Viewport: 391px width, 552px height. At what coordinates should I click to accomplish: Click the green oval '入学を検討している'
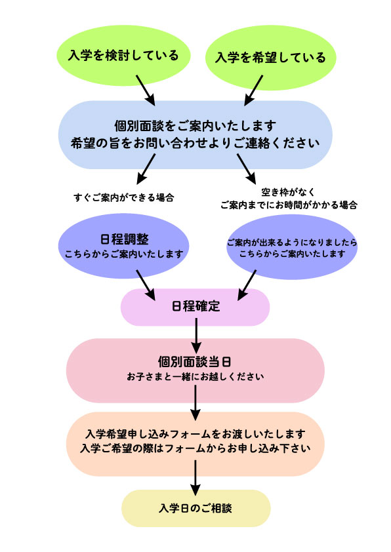(x=123, y=56)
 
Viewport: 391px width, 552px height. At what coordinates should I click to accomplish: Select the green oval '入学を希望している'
(x=270, y=58)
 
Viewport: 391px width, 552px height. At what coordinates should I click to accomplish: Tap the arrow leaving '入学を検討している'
(x=146, y=90)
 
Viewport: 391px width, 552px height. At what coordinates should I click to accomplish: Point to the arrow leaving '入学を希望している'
(x=254, y=90)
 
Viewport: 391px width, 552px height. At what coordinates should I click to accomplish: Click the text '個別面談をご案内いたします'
(x=195, y=126)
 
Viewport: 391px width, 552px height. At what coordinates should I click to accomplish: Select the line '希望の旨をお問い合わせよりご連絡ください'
(x=195, y=143)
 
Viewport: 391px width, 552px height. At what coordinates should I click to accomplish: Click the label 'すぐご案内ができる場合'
(x=124, y=197)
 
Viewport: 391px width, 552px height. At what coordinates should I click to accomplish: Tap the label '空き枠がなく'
(x=288, y=192)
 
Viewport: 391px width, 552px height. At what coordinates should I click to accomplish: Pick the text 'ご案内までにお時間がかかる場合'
(x=289, y=205)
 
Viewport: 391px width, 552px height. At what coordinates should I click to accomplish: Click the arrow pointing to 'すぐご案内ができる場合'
(x=146, y=169)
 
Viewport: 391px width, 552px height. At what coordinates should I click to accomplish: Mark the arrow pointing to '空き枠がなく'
(x=247, y=169)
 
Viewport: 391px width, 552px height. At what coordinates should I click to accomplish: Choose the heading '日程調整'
(x=125, y=239)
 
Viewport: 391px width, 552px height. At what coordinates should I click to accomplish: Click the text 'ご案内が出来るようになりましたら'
(x=292, y=243)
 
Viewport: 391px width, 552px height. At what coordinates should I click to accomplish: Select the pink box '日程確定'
(x=195, y=307)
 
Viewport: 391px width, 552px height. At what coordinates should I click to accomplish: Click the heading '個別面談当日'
(x=195, y=361)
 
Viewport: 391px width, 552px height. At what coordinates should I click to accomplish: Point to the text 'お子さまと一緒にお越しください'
(x=195, y=376)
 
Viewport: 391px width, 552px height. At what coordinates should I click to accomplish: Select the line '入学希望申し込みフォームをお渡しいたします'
(x=195, y=434)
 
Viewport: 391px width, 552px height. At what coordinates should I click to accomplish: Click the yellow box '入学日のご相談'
(x=196, y=508)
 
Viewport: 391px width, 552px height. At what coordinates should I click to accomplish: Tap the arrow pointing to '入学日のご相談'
(x=195, y=478)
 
